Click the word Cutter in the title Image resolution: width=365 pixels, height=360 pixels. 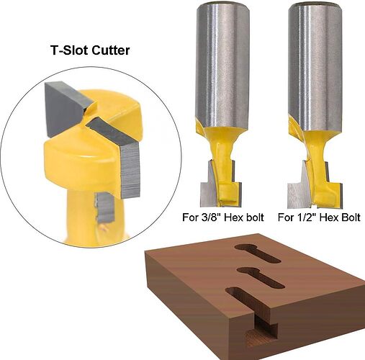pos(110,50)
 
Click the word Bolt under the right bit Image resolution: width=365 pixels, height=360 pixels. pos(350,217)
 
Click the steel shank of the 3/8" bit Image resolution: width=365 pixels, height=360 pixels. pos(222,65)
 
